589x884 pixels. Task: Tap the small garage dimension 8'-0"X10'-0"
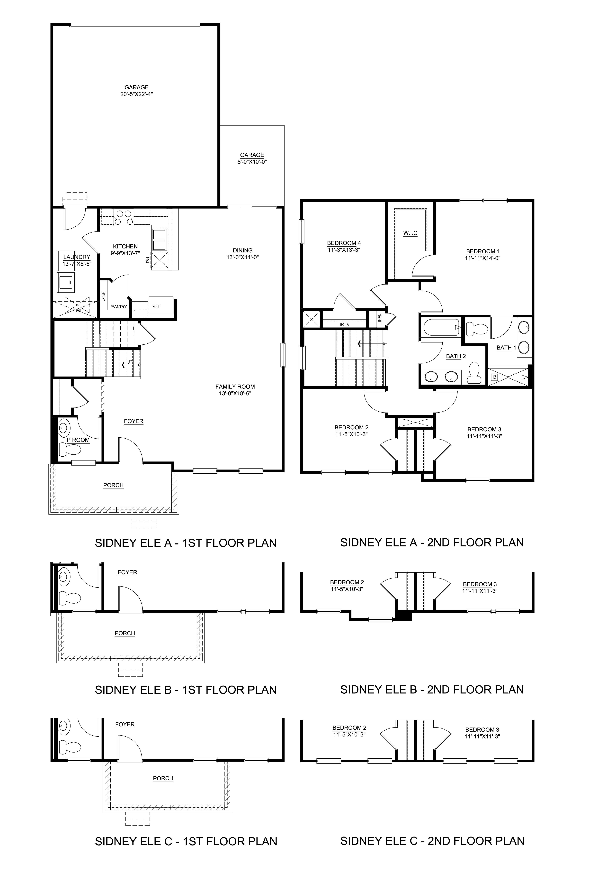252,162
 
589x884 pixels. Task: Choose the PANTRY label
119,307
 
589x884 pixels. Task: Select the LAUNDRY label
77,257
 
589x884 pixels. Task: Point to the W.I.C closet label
410,233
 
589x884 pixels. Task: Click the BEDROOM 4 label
344,243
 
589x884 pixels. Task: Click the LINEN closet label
380,319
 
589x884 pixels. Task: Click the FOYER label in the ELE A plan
133,421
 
